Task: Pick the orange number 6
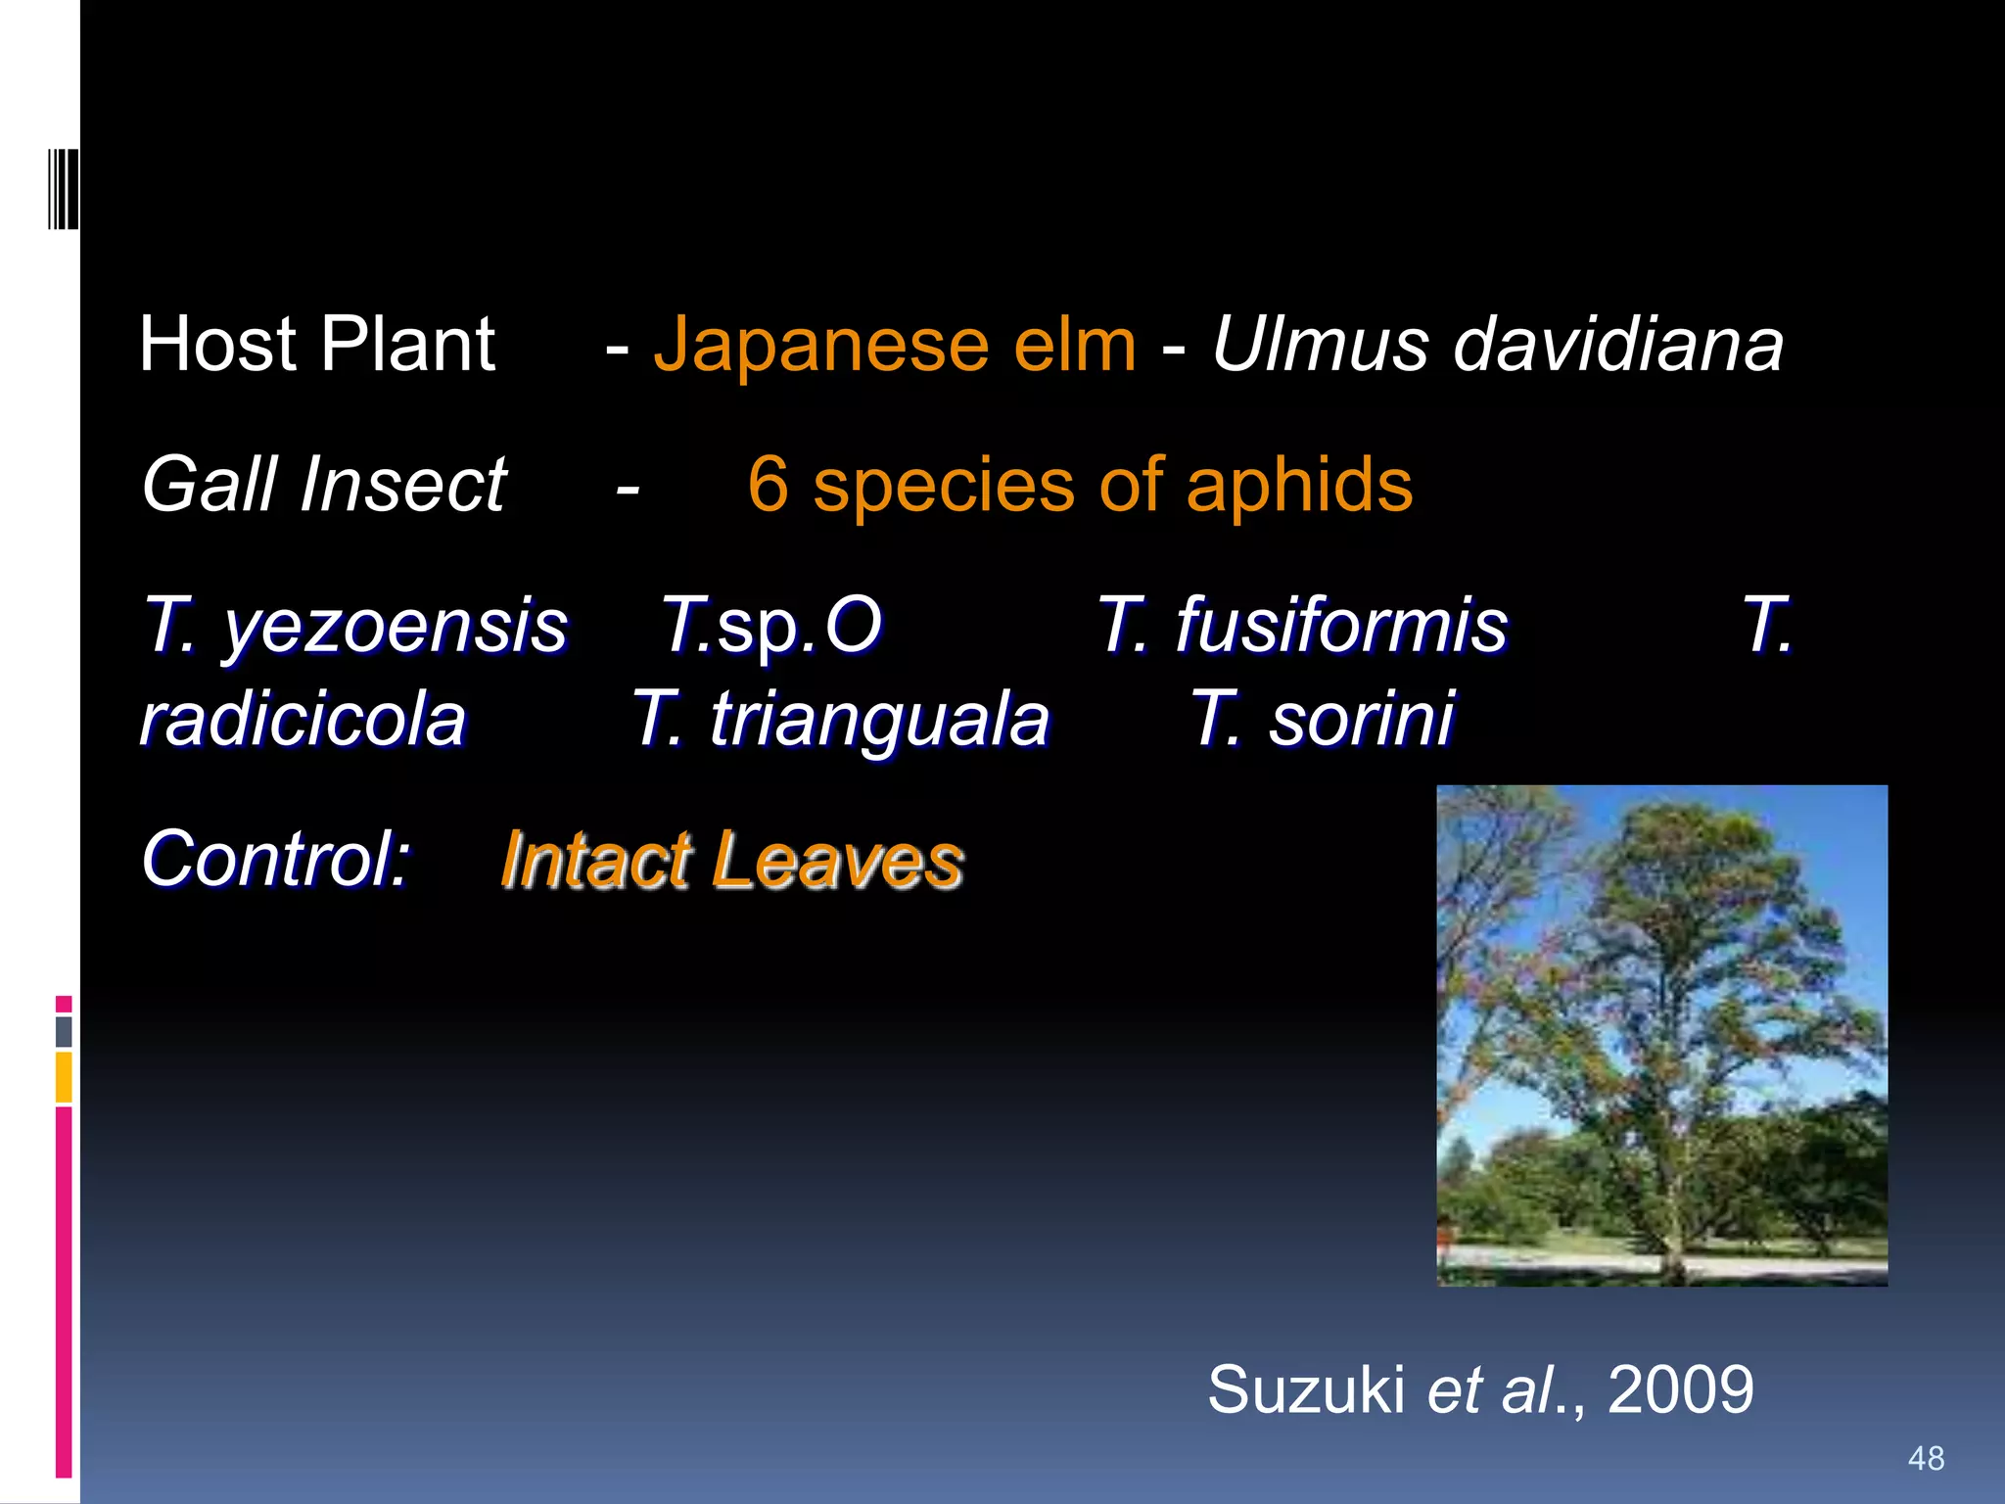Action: coord(768,485)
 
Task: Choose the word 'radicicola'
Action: coord(303,720)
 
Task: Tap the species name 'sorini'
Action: coord(1361,720)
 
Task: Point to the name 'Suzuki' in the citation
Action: coord(1306,1389)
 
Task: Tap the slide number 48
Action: coord(1926,1459)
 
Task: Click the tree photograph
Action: coord(1661,1035)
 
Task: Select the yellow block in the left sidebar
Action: coord(64,1077)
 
